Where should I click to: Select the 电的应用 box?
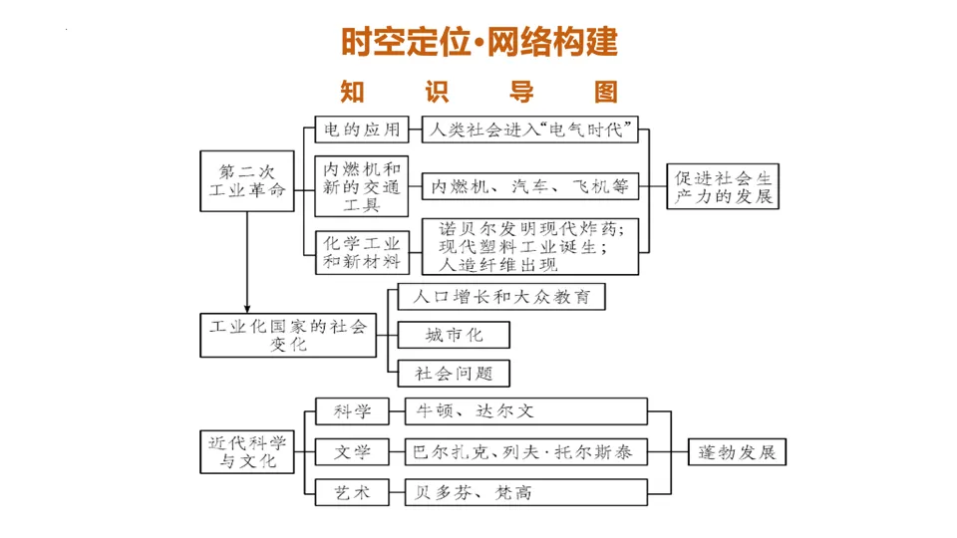[362, 130]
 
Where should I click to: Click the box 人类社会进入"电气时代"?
[529, 130]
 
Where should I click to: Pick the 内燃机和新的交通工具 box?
[362, 186]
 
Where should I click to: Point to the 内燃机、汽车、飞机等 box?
[529, 186]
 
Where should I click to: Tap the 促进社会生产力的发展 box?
[723, 186]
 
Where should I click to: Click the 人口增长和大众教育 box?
[500, 297]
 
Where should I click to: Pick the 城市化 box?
[454, 335]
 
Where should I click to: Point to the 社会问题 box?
[454, 374]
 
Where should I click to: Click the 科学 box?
[352, 411]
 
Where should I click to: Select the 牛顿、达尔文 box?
[525, 411]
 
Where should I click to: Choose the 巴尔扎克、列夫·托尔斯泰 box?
[525, 451]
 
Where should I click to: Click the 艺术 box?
[352, 491]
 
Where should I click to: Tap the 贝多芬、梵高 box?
[525, 491]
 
